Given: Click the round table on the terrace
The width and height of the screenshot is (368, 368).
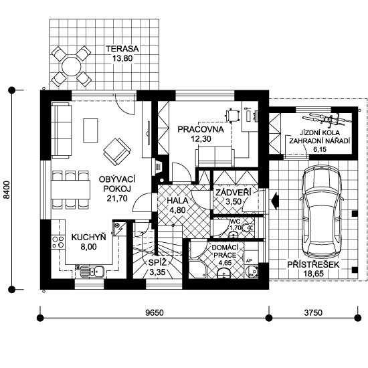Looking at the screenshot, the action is [72, 66].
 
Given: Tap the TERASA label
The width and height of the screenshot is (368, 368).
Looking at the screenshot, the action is [122, 49].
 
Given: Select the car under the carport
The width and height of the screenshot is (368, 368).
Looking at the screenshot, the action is [322, 214].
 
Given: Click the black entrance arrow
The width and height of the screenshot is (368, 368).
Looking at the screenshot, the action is [274, 201].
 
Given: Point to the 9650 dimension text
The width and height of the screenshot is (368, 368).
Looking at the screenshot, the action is [154, 312].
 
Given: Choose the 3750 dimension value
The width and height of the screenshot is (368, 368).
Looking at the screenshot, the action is [313, 312].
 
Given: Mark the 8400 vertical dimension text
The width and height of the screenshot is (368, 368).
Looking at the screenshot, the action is [7, 189].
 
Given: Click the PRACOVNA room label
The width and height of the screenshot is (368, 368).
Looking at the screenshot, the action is [201, 129].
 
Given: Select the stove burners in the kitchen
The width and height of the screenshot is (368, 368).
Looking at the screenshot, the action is [58, 242].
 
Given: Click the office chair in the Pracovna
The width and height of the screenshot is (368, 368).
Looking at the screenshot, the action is [232, 115].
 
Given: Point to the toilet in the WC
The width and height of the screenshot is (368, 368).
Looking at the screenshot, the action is [247, 228].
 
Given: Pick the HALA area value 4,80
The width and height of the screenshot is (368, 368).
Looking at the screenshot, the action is [177, 210].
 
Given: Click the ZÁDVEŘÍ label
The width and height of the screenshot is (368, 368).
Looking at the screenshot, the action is [234, 193].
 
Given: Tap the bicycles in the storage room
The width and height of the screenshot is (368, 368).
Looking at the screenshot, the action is [327, 119].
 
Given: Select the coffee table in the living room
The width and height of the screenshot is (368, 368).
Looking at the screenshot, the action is [90, 130].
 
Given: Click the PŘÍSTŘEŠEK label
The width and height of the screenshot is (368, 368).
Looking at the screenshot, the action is [314, 265].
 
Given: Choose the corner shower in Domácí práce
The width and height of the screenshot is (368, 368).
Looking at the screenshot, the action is [197, 269].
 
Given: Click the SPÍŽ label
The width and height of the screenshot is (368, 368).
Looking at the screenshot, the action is [157, 263].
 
